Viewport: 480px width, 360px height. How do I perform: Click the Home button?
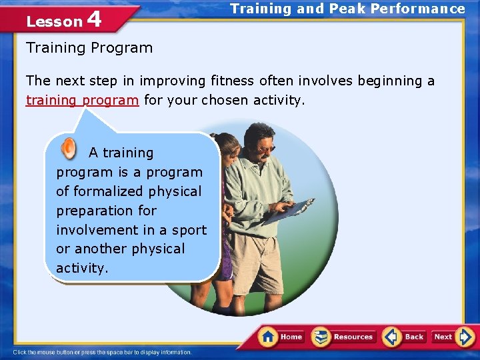281,337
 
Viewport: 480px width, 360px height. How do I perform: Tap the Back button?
404,337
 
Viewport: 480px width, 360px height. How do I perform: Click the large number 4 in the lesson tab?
94,19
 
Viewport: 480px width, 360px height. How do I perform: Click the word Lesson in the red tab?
54,21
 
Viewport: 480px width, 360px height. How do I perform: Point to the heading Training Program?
89,48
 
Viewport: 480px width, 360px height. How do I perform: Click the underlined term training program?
83,101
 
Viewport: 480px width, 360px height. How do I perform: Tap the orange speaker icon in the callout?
69,148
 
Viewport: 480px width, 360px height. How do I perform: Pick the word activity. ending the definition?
81,268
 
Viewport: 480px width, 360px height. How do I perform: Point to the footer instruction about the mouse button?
103,352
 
